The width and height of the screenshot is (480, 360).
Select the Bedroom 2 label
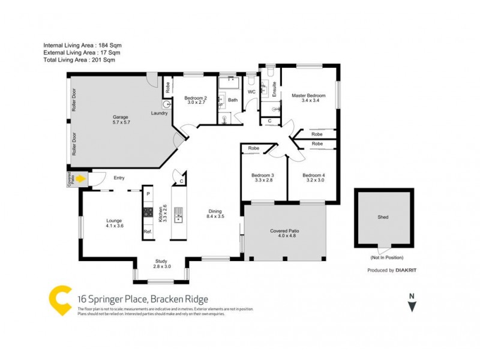[195, 100]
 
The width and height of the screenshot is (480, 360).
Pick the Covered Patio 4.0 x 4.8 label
[284, 233]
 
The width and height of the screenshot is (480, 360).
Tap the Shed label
[382, 218]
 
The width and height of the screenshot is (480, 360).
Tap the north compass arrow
[412, 305]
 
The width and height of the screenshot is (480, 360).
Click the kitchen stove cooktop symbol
[148, 212]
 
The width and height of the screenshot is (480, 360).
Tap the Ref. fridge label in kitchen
[147, 232]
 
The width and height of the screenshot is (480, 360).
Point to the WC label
[252, 92]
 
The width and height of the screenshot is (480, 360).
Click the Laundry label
[159, 113]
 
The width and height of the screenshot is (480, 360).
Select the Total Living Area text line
[79, 60]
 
